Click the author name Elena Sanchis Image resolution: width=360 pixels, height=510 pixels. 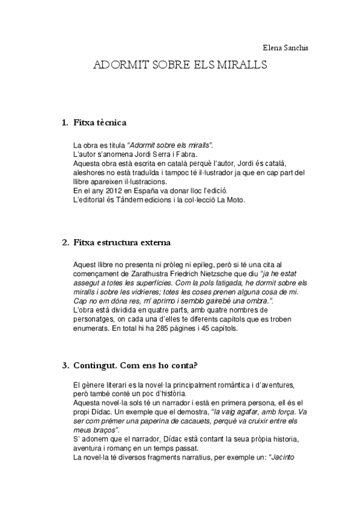[x=285, y=48]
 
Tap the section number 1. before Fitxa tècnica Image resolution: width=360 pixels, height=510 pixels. [x=66, y=123]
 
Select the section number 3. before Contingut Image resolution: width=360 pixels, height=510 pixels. [x=66, y=364]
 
